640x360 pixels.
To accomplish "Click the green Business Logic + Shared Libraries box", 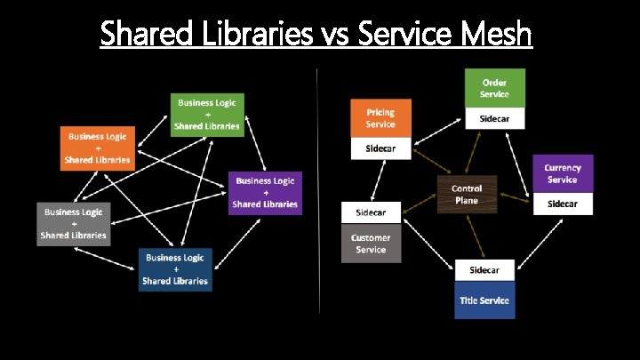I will click(207, 115).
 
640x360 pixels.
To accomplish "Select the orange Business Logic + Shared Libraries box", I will click(97, 148).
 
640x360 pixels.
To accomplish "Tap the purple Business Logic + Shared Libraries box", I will click(265, 193).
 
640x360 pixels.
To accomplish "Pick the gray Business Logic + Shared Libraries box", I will click(74, 223).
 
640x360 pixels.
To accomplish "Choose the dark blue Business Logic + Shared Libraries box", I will click(174, 269).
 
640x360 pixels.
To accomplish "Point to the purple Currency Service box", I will click(563, 173).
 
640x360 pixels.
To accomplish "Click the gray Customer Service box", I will click(372, 244).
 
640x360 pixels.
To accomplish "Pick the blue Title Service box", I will click(484, 300).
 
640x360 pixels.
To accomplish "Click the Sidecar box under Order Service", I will click(495, 118).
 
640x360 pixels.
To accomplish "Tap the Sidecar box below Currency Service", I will click(563, 204).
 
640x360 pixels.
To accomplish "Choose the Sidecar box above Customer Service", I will click(372, 213).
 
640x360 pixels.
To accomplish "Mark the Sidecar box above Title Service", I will click(484, 270).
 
